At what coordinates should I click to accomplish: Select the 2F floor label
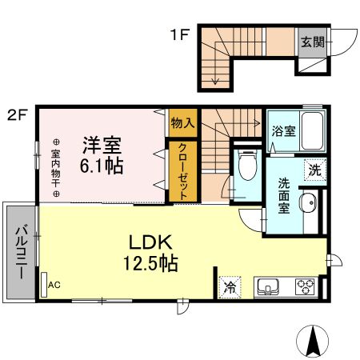tap(18, 114)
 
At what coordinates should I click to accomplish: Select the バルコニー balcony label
tap(19, 253)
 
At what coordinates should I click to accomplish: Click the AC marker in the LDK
tap(54, 284)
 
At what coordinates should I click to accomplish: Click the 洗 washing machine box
tap(316, 170)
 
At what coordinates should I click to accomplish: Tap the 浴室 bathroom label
tap(282, 131)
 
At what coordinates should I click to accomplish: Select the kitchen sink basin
tap(267, 286)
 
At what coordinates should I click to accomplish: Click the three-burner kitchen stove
tap(305, 286)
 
